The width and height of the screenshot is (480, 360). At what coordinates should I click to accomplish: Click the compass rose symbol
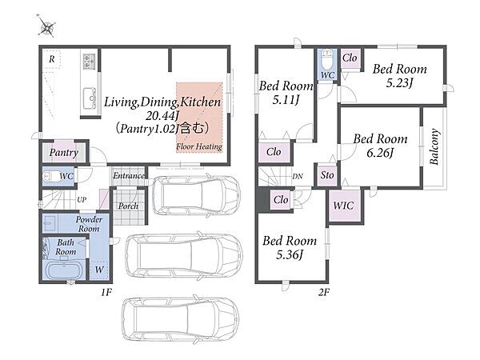click(47, 27)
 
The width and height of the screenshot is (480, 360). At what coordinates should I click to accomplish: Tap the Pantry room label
click(64, 153)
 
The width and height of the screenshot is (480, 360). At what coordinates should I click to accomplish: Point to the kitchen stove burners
click(90, 61)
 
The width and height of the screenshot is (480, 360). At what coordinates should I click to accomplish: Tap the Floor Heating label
click(199, 146)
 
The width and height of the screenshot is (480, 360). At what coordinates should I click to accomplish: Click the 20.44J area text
click(162, 115)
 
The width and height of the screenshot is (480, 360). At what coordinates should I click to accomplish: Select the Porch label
click(128, 206)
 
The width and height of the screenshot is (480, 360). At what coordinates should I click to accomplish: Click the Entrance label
click(129, 176)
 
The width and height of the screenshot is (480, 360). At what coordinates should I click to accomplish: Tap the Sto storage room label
click(327, 175)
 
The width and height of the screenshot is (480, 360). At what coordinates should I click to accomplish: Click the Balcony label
click(434, 147)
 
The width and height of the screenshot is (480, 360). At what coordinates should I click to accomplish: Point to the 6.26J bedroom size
click(380, 153)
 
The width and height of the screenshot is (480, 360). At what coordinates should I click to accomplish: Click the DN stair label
click(298, 176)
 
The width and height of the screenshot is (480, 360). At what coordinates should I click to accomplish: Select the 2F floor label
click(323, 292)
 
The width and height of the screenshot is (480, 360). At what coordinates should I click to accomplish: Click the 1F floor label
click(106, 292)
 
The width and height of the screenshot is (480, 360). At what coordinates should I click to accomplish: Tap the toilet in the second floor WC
click(327, 58)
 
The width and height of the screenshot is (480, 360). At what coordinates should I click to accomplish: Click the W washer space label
click(99, 270)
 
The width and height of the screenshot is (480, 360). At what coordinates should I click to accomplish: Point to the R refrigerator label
click(52, 59)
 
